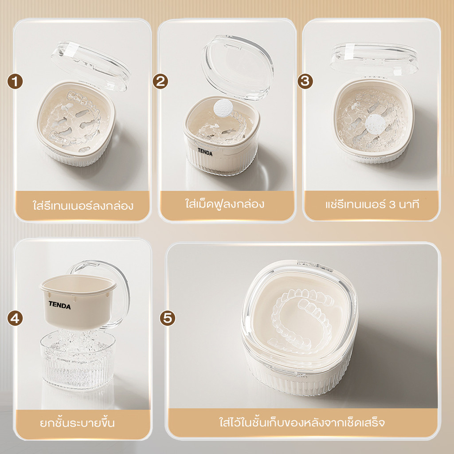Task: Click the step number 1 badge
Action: click(x=15, y=82)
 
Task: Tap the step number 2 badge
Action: click(x=160, y=82)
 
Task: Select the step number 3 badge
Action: click(x=305, y=82)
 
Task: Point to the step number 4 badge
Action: click(x=15, y=318)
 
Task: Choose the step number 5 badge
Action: click(x=168, y=318)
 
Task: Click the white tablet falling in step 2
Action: click(x=223, y=108)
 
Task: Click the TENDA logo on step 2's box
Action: click(x=205, y=152)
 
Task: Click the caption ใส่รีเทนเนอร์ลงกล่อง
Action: click(x=83, y=206)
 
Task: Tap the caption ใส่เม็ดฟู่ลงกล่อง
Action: click(x=225, y=204)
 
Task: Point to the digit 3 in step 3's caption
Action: click(x=392, y=205)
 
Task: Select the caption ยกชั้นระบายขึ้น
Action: click(x=77, y=423)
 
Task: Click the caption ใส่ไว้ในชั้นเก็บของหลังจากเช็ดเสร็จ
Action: click(x=302, y=423)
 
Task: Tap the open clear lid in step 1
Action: click(x=90, y=66)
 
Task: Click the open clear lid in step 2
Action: click(x=238, y=68)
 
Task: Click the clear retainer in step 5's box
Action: click(x=301, y=321)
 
